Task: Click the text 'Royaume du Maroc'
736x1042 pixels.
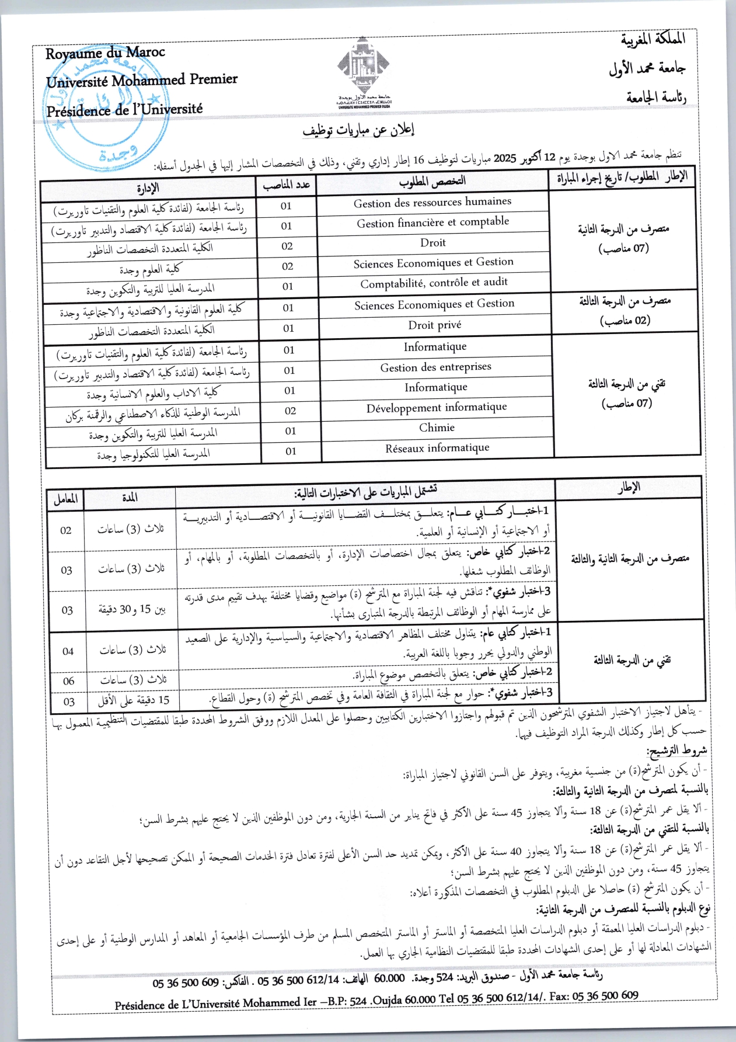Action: tap(106, 53)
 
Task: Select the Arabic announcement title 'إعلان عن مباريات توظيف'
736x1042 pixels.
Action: tap(358, 130)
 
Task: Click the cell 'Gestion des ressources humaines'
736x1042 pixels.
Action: tap(432, 202)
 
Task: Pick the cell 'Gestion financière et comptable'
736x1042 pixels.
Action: tap(432, 223)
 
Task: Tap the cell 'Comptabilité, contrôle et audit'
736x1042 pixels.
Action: tap(434, 283)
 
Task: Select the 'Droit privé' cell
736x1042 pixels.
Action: tap(434, 325)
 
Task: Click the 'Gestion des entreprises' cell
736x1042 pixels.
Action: tap(435, 367)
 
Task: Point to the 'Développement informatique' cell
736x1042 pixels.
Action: tap(437, 408)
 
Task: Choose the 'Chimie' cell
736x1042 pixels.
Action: tap(437, 428)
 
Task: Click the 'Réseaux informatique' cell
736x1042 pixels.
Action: tap(437, 448)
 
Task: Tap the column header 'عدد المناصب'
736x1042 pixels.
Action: tap(287, 186)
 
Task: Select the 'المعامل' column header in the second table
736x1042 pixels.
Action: tap(65, 499)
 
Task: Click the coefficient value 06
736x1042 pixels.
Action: tap(69, 681)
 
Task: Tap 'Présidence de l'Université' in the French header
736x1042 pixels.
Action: tap(124, 109)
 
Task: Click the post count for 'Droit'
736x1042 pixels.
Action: tap(287, 246)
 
